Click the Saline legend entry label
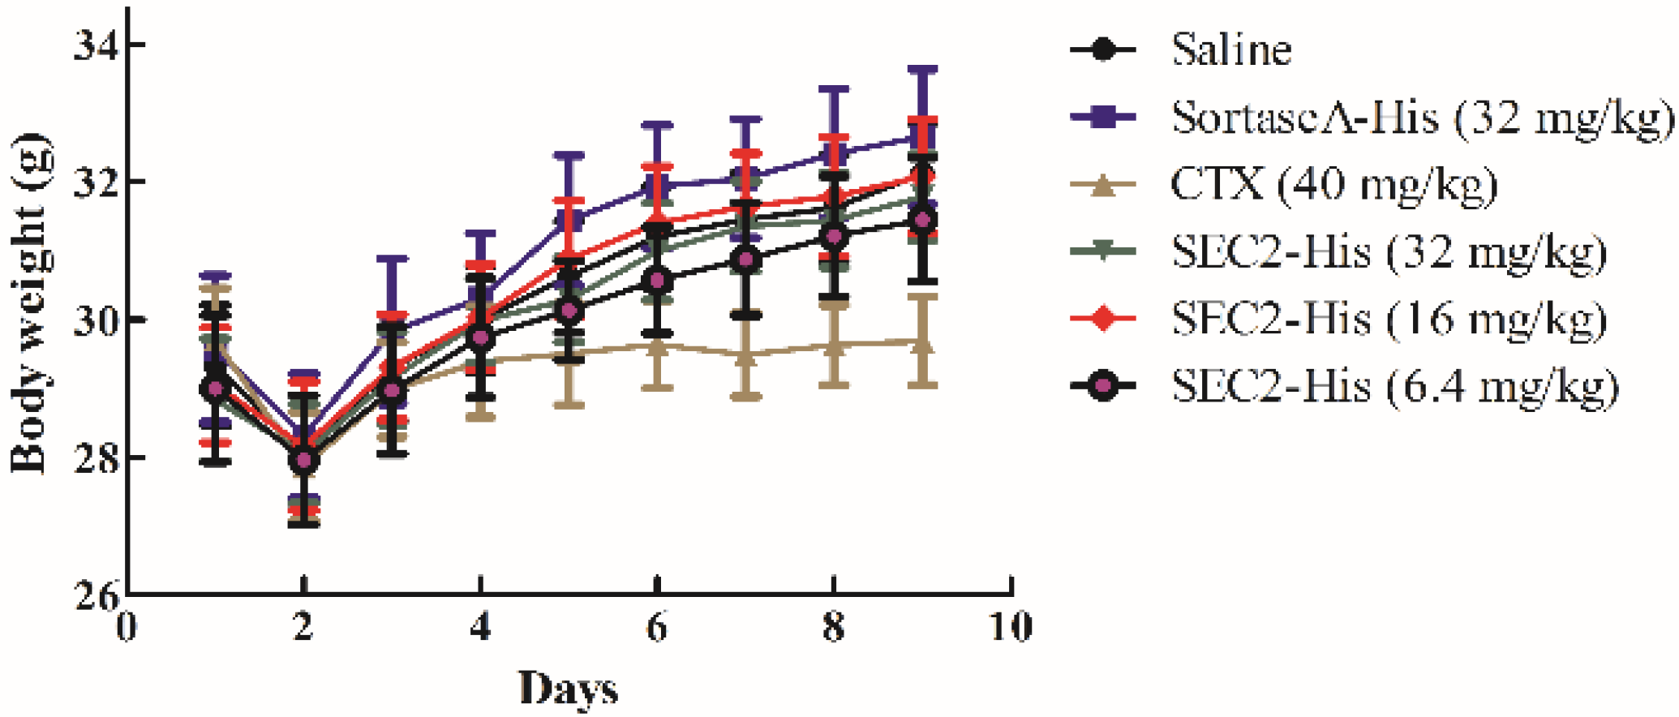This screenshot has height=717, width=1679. tap(1230, 49)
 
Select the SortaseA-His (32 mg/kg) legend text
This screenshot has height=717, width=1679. tap(1421, 118)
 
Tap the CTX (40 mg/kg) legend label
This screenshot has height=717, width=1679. tap(1333, 185)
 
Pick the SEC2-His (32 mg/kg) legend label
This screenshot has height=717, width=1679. tap(1388, 252)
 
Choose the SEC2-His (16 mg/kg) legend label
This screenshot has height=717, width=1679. tap(1388, 319)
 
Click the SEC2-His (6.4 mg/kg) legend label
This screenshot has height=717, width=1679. tap(1394, 386)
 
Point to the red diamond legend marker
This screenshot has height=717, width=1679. tap(1103, 319)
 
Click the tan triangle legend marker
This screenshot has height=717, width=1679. tap(1103, 186)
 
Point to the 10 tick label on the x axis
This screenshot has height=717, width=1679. tap(1011, 627)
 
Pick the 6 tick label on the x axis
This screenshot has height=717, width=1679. tap(657, 627)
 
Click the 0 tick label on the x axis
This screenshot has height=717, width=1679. tap(127, 627)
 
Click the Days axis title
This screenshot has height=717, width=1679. tap(568, 689)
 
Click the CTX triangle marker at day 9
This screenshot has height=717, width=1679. tap(922, 344)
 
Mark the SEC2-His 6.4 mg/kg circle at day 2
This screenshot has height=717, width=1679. tap(303, 461)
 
